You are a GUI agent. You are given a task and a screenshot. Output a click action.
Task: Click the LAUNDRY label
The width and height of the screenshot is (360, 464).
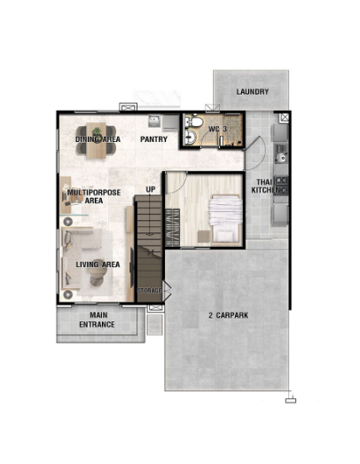click(253, 91)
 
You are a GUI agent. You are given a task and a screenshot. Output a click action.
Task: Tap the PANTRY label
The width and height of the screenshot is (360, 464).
click(153, 139)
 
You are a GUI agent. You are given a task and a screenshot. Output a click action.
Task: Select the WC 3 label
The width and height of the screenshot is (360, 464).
click(218, 130)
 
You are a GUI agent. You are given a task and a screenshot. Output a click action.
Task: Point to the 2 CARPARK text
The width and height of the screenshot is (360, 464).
click(229, 316)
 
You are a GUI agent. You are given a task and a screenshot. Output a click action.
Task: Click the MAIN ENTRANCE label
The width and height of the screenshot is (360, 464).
click(97, 320)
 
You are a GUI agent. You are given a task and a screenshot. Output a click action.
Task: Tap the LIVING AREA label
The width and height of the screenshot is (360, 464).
click(98, 264)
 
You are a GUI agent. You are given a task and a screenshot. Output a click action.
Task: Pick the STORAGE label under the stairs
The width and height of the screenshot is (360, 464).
click(149, 291)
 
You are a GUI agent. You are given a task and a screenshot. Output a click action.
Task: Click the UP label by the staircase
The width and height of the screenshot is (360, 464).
click(151, 189)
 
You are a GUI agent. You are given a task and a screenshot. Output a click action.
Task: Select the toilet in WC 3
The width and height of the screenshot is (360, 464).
click(196, 122)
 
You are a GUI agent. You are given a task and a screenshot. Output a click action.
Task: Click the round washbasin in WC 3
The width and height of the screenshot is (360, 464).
click(192, 138)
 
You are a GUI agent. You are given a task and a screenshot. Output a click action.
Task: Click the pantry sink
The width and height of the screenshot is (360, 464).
click(154, 121)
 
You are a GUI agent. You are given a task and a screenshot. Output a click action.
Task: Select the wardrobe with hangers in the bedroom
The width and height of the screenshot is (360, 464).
click(172, 227)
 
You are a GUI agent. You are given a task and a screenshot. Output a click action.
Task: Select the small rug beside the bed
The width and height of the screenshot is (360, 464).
click(204, 237)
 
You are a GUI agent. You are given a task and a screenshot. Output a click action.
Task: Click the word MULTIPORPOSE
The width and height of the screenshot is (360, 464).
click(94, 193)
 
